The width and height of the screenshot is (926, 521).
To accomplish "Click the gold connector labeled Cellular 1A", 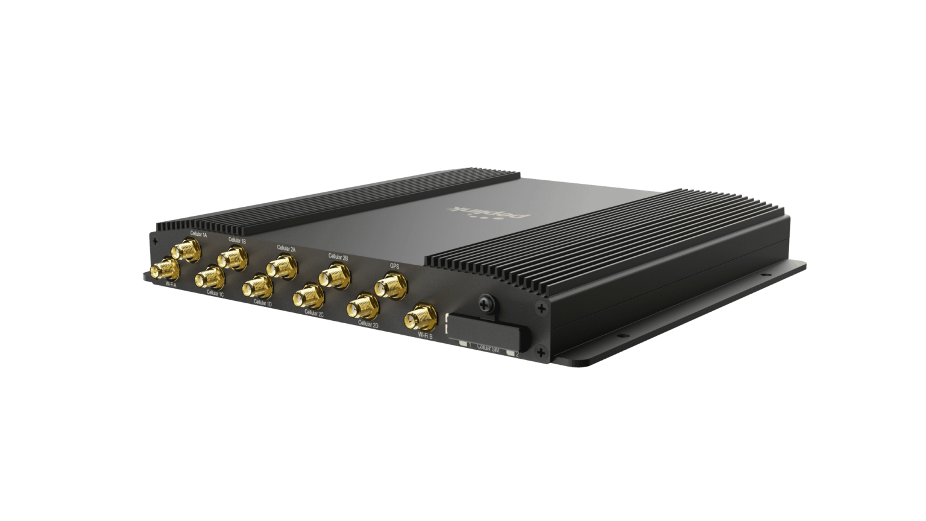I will click(x=186, y=249).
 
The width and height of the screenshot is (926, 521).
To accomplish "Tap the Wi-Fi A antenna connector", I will click(x=165, y=269).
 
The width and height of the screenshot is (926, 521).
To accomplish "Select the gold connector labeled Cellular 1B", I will click(x=232, y=259).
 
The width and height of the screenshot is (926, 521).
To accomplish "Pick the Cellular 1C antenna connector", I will click(x=209, y=277).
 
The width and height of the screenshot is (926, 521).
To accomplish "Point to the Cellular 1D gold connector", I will click(x=257, y=286).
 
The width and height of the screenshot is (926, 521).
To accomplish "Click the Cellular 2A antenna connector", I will click(x=281, y=266).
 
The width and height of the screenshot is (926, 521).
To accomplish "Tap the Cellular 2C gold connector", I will click(x=308, y=296).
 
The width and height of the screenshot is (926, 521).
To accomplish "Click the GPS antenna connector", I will click(x=389, y=284).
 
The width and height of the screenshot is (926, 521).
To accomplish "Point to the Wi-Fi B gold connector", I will click(x=420, y=317).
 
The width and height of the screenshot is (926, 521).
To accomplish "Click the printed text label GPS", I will click(x=395, y=265).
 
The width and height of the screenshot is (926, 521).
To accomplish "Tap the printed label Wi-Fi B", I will click(x=424, y=336).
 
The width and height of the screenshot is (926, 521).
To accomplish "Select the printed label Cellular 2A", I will click(x=286, y=247).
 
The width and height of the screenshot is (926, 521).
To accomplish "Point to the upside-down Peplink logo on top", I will click(x=489, y=212).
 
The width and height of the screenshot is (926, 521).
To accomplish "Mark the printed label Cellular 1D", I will click(x=263, y=303).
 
